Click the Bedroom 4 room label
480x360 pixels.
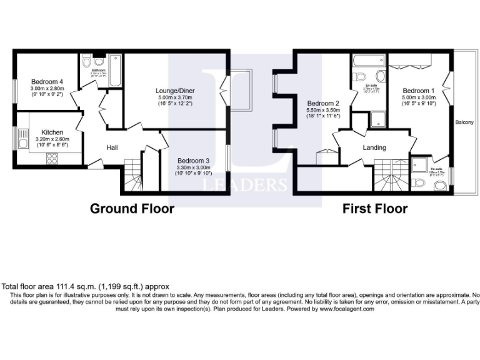pos(47,81)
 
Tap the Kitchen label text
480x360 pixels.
pos(52,132)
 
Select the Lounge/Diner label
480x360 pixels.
pos(174,91)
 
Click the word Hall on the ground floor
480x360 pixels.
pos(112,147)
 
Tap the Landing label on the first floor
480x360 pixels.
pos(374,148)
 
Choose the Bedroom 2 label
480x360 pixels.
pos(323,103)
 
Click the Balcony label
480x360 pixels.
pos(464,122)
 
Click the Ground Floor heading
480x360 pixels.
pos(132,208)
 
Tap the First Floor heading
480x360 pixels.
pos(374,208)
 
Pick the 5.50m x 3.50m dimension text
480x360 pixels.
pos(323,110)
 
